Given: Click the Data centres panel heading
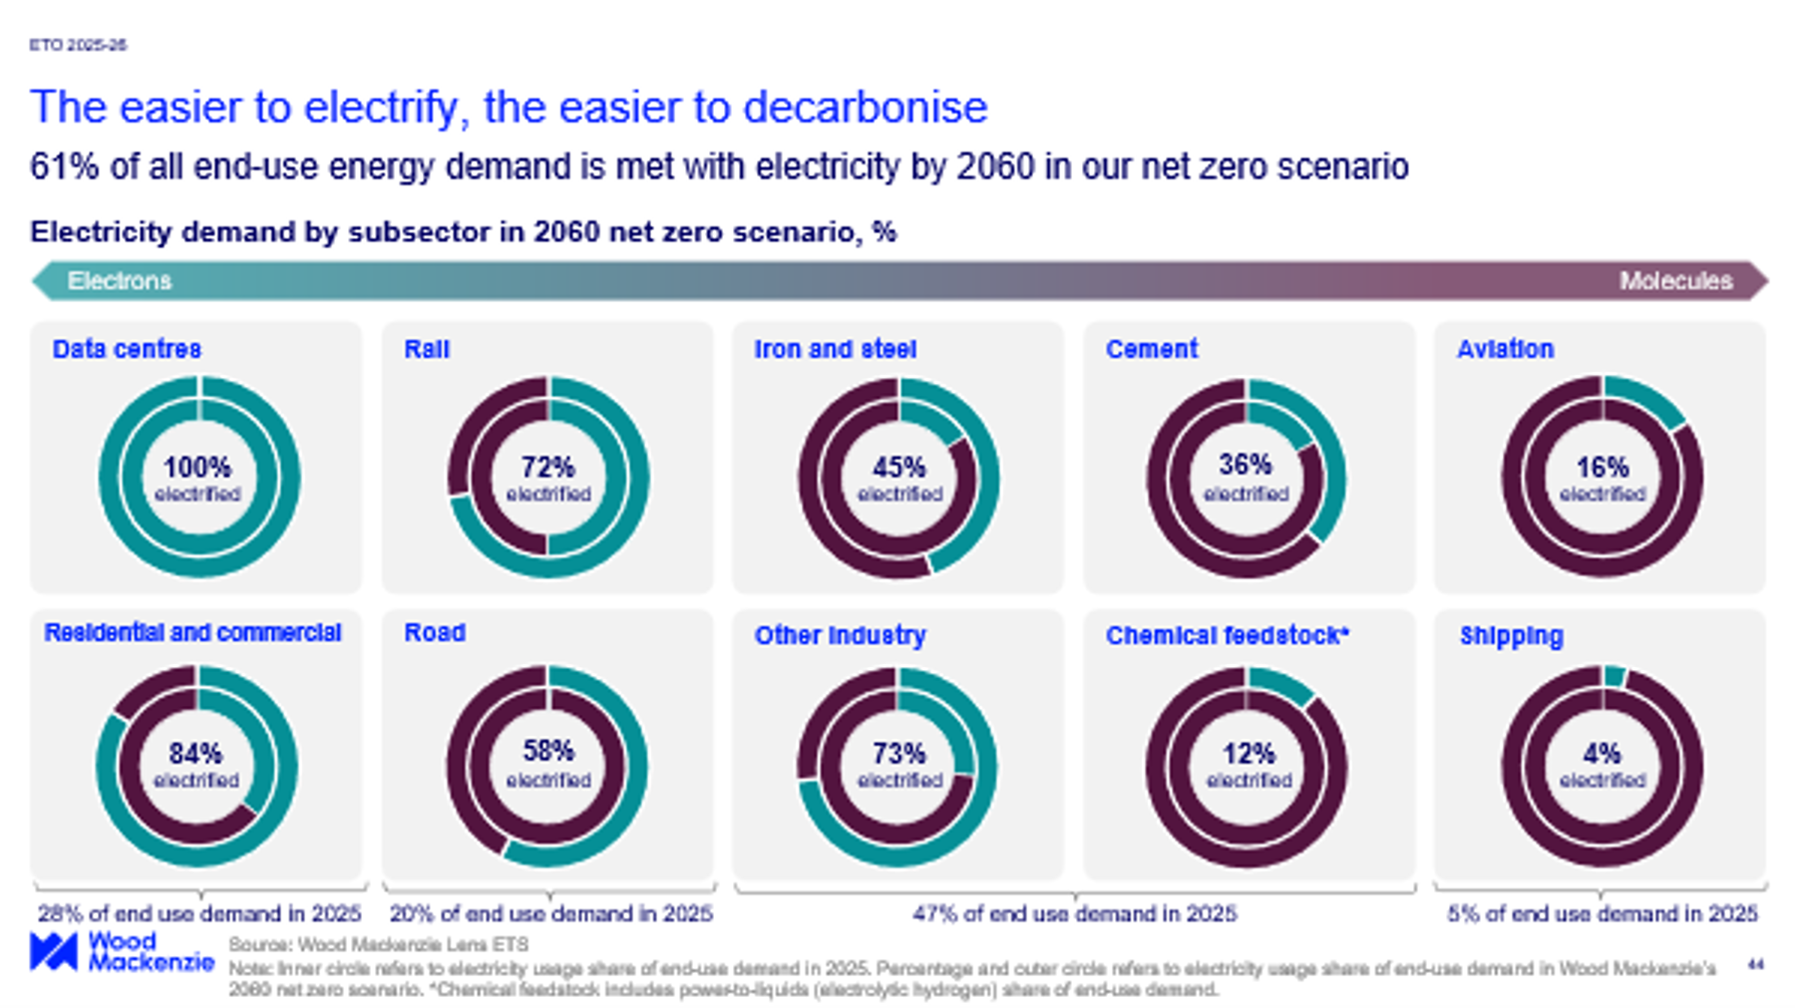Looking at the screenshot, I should point(127,349).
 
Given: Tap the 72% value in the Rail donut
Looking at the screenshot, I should point(547,467).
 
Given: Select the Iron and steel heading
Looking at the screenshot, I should point(835,349).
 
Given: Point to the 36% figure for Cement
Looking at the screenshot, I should point(1246,465).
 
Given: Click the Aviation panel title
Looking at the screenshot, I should point(1505,349).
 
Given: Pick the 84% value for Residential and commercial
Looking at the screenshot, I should point(195,753).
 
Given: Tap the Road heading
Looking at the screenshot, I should point(435,633).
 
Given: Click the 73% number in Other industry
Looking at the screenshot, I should point(898,753).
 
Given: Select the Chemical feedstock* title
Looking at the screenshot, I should point(1227,635).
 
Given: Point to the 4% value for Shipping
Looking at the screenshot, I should point(1602,753).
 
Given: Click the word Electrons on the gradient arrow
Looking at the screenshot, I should point(120,281).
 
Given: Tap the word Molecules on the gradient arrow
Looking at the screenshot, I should point(1675,281).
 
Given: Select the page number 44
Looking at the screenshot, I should point(1755,964).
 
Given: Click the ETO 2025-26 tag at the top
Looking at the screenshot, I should point(78,45).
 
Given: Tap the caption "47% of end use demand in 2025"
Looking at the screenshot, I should point(1074,913).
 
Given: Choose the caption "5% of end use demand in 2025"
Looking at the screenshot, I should point(1602,913).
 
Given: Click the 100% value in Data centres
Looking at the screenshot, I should point(197,467).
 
